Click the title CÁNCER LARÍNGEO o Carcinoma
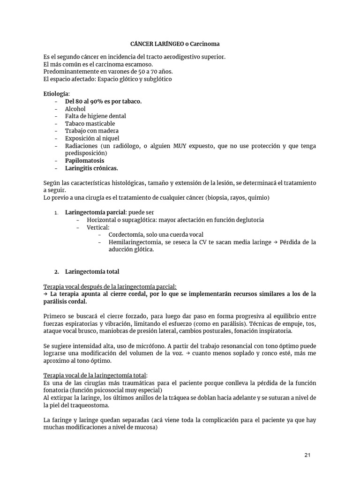tap(175, 44)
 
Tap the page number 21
tap(307, 455)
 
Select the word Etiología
tap(56, 94)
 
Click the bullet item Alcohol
tap(75, 109)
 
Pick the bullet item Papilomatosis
tap(84, 160)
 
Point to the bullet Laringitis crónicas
tap(91, 168)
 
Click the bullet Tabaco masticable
tap(90, 123)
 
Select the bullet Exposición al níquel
tap(92, 138)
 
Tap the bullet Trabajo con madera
tap(91, 131)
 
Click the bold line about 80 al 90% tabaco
tap(103, 101)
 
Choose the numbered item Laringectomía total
tap(92, 271)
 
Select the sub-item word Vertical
tap(97, 227)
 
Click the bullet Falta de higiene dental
tap(95, 116)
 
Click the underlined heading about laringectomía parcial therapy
tap(110, 286)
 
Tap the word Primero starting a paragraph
tap(56, 316)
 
